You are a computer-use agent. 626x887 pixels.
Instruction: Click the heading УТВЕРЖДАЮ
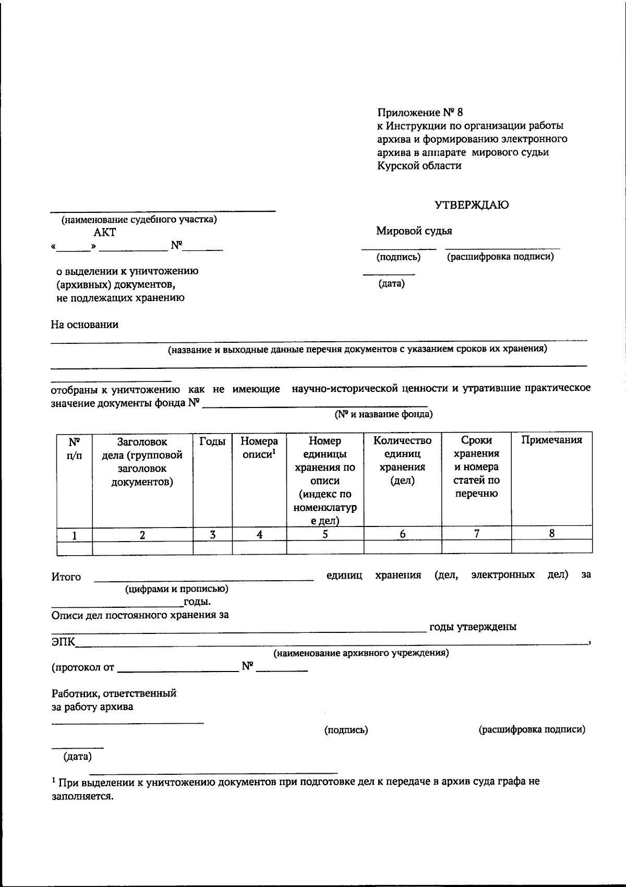tap(472, 205)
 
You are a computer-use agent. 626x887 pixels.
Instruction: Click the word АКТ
tap(105, 233)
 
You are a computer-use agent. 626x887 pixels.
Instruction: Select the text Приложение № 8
tap(420, 112)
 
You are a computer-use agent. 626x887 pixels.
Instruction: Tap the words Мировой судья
tap(414, 231)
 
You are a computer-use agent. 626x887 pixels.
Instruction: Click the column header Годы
tap(212, 441)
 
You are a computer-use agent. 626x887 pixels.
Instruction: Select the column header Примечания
tap(551, 440)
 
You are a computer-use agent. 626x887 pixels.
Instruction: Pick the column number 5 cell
tap(325, 534)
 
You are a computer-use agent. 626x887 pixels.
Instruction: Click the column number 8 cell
tap(551, 533)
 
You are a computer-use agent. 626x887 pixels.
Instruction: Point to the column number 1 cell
tap(75, 535)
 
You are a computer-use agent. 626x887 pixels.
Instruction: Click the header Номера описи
tap(259, 448)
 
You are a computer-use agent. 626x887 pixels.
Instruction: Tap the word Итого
tap(66, 577)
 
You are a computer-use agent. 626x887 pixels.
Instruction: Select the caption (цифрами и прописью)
tap(176, 589)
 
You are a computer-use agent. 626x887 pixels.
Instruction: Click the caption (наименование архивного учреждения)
tap(361, 653)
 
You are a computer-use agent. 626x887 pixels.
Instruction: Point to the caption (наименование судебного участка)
tap(139, 220)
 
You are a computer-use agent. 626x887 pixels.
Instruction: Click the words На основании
tap(84, 325)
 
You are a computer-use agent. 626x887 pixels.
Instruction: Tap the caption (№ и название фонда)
tap(383, 414)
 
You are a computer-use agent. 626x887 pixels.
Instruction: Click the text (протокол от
tap(82, 667)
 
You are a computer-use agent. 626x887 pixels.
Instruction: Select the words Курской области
tap(419, 166)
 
